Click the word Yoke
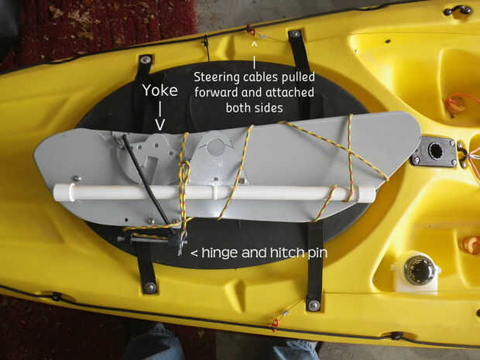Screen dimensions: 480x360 [x=159, y=91]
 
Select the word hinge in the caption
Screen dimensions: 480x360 [x=218, y=253]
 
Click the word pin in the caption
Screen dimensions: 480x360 [x=317, y=253]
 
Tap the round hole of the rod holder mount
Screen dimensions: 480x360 [x=436, y=151]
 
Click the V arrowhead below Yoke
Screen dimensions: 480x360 [x=159, y=125]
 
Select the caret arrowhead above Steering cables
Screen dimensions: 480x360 [x=254, y=46]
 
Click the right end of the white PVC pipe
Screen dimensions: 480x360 [x=374, y=194]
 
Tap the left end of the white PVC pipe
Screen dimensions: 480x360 [x=55, y=192]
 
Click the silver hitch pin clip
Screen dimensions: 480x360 [x=183, y=242]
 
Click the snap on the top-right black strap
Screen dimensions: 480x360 [x=295, y=33]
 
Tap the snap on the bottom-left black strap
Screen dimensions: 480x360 [x=149, y=287]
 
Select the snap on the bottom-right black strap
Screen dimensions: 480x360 [x=314, y=305]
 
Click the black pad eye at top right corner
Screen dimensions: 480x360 [x=458, y=10]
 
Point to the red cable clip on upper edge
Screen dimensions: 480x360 [x=251, y=30]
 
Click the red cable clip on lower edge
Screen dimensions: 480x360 [x=275, y=324]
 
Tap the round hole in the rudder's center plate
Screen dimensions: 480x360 [x=215, y=146]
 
